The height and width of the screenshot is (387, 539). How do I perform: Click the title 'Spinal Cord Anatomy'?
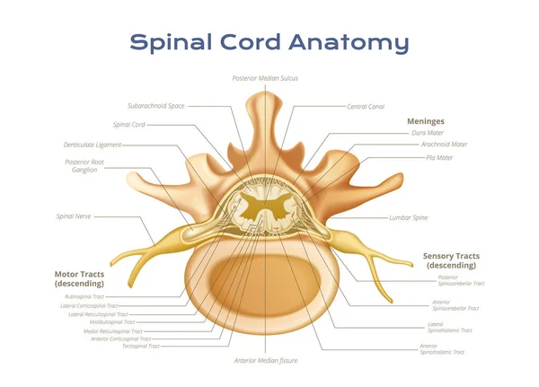tap(269, 42)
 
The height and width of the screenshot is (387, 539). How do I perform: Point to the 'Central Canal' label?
tap(366, 106)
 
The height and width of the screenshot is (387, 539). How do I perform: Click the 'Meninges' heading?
tap(426, 120)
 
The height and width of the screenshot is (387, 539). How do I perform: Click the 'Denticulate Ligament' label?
tap(92, 145)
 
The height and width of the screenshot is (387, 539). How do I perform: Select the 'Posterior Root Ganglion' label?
tap(84, 165)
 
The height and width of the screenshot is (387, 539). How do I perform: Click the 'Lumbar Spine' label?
tap(410, 217)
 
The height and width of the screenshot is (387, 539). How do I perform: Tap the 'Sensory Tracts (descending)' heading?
tap(451, 260)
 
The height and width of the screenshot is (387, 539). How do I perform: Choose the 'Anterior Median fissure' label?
tap(265, 360)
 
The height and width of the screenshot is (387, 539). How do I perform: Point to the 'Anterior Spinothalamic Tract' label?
tap(442, 349)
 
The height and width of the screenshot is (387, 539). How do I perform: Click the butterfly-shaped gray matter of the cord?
tap(267, 210)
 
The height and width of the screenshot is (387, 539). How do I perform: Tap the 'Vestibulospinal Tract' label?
tap(111, 321)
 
